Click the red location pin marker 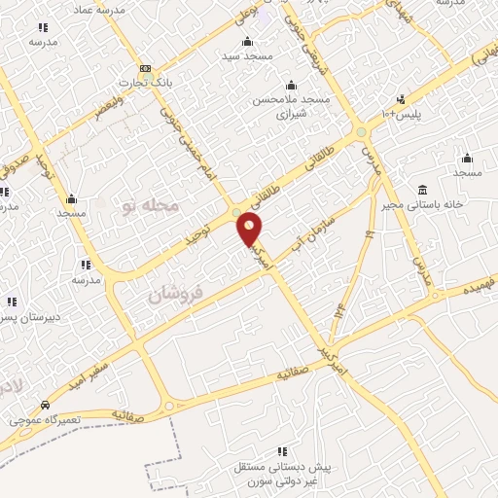250,230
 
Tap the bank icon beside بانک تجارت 145,68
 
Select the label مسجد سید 247,56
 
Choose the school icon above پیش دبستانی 282,451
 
